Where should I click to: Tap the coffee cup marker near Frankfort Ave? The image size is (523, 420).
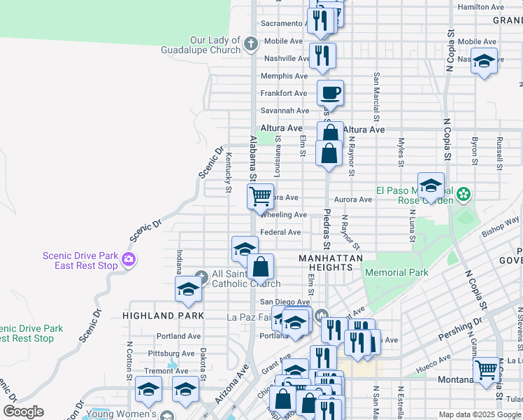[x=330, y=92]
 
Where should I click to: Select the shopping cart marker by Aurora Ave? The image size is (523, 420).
[x=260, y=196]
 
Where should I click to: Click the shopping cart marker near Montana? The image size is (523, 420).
[x=486, y=368]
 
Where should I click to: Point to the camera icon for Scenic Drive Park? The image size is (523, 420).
[x=128, y=260]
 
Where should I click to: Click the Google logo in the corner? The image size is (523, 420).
[x=23, y=412]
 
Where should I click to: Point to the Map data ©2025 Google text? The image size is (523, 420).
[x=479, y=415]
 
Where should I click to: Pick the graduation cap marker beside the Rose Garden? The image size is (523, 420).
[x=431, y=185]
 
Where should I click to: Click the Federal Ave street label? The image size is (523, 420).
[x=280, y=232]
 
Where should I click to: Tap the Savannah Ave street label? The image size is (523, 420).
[x=285, y=111]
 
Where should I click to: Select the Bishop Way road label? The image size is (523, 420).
[x=501, y=225]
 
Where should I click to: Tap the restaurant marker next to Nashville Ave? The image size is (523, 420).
[x=322, y=56]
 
